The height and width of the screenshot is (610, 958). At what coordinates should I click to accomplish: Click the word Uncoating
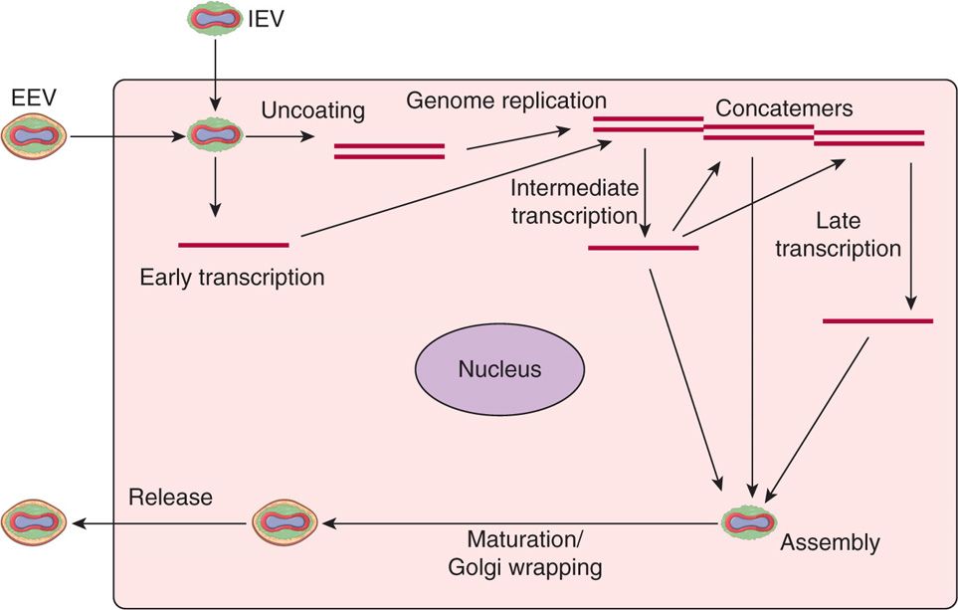(x=312, y=109)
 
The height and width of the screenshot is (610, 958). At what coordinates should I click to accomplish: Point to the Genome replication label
(x=506, y=101)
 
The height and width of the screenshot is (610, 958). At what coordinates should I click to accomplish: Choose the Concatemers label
(x=784, y=108)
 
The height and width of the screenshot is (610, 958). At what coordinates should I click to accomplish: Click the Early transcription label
(x=233, y=278)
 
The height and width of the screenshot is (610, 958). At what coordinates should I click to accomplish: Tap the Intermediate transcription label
(x=574, y=201)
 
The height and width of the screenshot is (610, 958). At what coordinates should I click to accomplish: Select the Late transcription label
(x=838, y=233)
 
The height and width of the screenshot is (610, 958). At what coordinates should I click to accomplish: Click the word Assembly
(x=830, y=542)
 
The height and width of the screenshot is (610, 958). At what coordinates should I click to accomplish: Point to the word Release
(x=170, y=497)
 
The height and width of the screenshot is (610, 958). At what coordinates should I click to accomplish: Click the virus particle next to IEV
(x=214, y=19)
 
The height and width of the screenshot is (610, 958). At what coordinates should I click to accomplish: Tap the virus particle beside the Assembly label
(x=748, y=519)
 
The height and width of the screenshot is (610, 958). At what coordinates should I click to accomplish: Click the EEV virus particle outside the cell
(x=34, y=137)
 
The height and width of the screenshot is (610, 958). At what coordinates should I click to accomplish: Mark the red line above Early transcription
(x=233, y=244)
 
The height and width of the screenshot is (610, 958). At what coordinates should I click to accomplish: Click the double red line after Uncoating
(x=389, y=151)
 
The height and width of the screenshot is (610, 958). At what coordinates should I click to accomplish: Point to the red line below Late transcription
(x=878, y=320)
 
